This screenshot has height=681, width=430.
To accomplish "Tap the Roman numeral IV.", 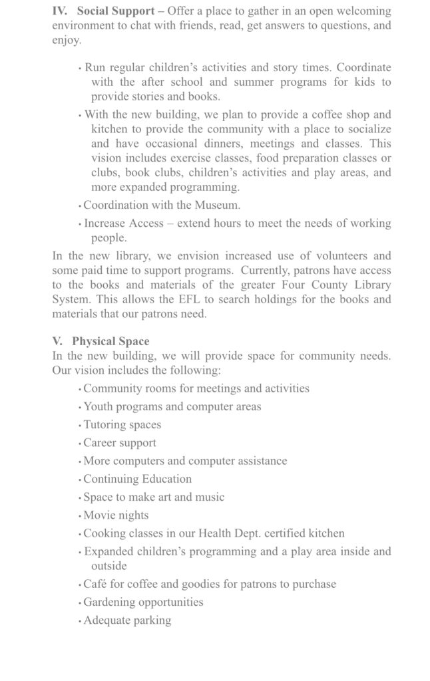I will tap(60, 11).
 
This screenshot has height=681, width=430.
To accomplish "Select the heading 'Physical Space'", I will tap(110, 342).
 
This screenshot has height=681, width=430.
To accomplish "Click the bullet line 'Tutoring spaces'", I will tap(122, 425).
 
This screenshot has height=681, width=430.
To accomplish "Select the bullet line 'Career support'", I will tap(120, 443).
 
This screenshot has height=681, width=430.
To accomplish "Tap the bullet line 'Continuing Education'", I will tap(137, 479).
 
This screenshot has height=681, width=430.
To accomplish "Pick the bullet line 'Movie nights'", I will tap(116, 515).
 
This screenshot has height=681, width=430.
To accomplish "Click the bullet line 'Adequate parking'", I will tap(127, 620).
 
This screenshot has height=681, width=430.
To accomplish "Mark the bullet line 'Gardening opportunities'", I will tap(143, 603).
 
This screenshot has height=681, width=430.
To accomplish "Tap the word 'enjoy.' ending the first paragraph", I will tap(67, 41).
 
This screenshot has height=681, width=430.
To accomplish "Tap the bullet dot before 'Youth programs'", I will tap(80, 408).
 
